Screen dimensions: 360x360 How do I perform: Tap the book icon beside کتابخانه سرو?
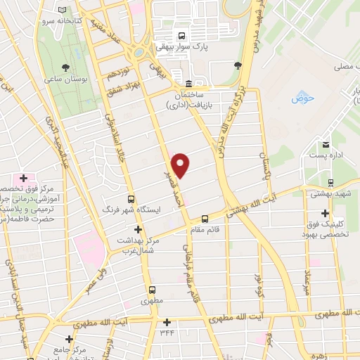(x=64, y=11)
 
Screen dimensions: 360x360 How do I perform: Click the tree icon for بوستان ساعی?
(x=65, y=67)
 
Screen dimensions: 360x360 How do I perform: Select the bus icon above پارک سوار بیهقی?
(x=182, y=37)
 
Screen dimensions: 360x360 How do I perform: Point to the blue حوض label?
(x=302, y=98)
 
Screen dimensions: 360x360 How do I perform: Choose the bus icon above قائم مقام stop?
(x=205, y=218)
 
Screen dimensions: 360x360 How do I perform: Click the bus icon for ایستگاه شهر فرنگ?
(x=131, y=199)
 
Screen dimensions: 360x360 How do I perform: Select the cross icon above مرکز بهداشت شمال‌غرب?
(x=138, y=229)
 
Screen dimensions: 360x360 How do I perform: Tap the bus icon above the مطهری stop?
(x=152, y=289)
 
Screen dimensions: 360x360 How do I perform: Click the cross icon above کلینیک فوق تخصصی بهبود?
(x=324, y=213)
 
